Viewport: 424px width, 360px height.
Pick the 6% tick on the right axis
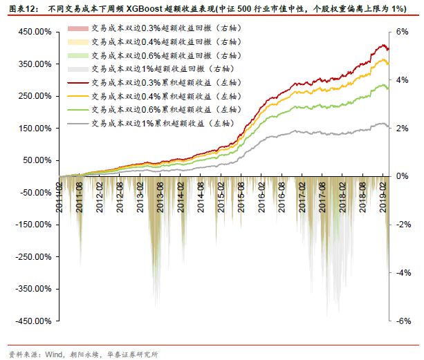pos(402,32)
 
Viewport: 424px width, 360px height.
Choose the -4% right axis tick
pos(402,273)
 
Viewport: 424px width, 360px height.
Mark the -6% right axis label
pos(402,321)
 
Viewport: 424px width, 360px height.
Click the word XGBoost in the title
pos(148,8)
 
